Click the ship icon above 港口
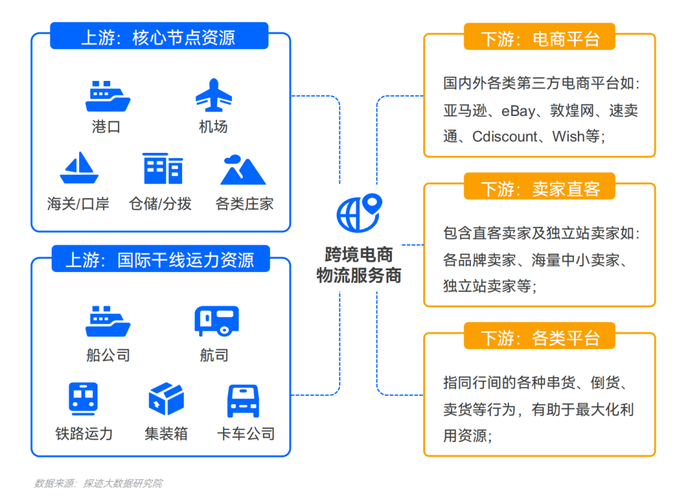[108, 96]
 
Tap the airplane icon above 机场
[213, 96]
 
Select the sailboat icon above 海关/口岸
[79, 168]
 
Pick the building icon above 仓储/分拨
[163, 168]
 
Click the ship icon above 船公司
[108, 321]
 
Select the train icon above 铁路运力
[83, 399]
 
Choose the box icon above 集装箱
[166, 399]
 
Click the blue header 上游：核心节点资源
[159, 38]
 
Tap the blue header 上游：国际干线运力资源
[160, 260]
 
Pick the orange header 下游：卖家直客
[540, 189]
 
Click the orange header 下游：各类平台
[540, 337]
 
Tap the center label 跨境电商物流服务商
[359, 265]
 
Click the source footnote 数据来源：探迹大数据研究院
[98, 484]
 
